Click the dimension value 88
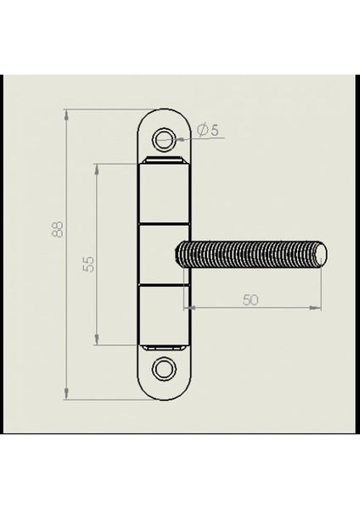(x=58, y=230)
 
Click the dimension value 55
(x=88, y=264)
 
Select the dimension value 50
(x=250, y=300)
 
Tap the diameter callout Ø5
(x=208, y=130)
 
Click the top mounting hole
(x=164, y=140)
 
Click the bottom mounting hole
(x=164, y=369)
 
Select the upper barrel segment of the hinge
(x=164, y=193)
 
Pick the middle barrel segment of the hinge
(x=164, y=255)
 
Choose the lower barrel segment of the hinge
(x=164, y=315)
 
